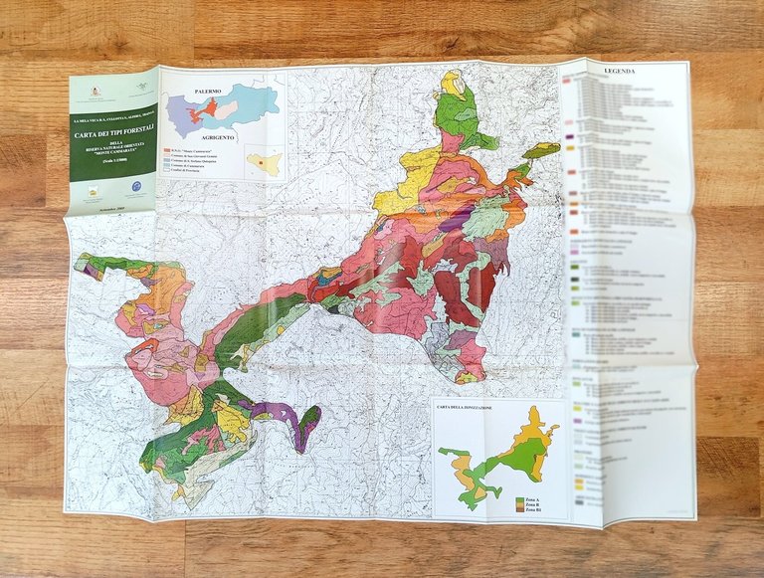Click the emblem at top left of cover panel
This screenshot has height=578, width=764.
point(97,92)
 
